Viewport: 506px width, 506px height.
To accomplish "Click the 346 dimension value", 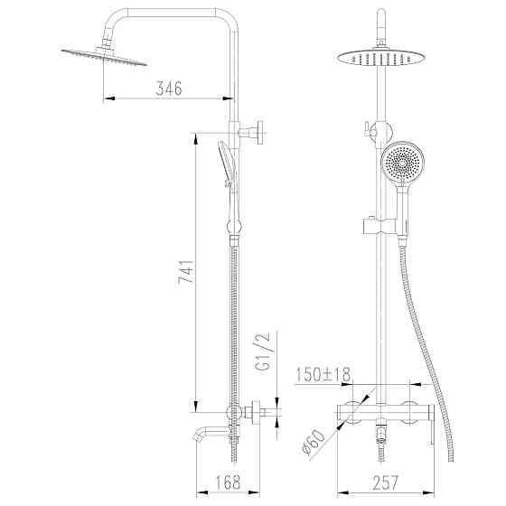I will coord(168,88).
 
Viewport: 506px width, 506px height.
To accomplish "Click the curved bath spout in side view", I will coord(204,438).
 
